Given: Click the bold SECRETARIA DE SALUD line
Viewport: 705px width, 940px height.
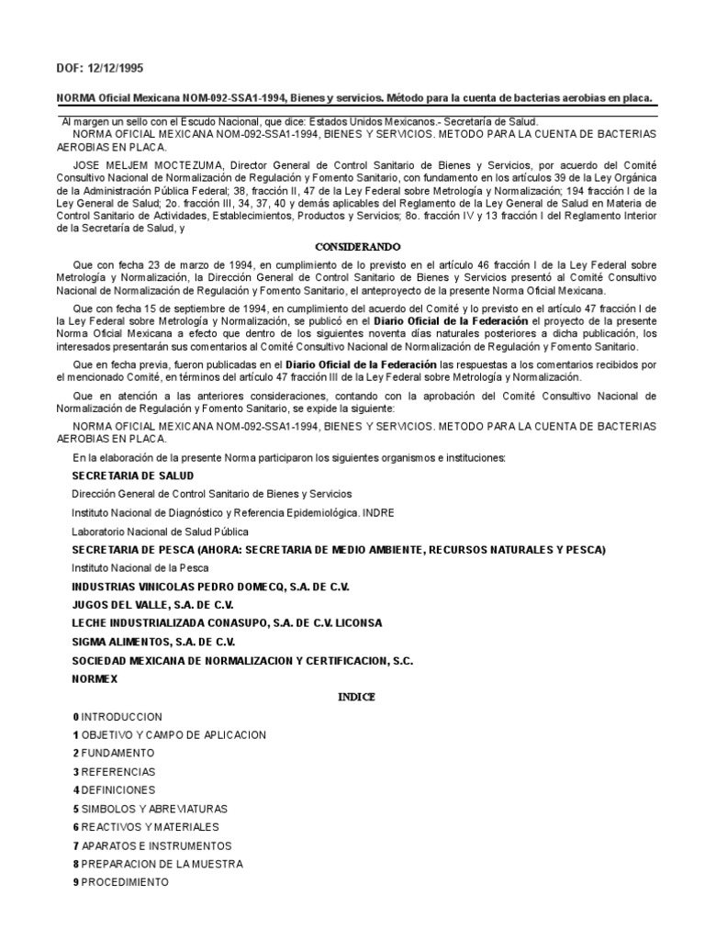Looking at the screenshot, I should click(x=133, y=476).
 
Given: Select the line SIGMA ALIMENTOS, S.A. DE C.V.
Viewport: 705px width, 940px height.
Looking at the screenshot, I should click(x=153, y=642).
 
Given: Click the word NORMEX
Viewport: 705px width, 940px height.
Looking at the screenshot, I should click(x=95, y=678).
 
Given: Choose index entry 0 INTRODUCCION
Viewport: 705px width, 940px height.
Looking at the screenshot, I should click(x=117, y=716).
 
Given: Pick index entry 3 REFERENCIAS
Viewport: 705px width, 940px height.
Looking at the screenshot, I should click(x=115, y=771).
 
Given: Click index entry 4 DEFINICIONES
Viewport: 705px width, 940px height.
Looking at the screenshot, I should click(x=115, y=789).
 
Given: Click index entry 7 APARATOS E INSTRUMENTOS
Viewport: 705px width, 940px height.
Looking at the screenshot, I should click(x=152, y=845).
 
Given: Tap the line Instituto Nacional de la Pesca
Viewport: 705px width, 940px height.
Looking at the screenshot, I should click(x=141, y=567).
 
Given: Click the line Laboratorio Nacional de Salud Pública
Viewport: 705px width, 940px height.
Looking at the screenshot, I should click(x=161, y=531).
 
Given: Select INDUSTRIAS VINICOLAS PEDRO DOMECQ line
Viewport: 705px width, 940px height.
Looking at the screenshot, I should click(x=211, y=587).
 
